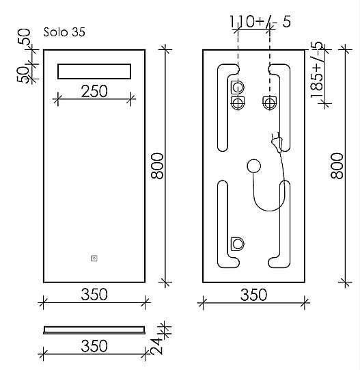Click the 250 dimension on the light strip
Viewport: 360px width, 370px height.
(x=94, y=91)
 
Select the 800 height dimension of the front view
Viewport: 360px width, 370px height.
(x=156, y=166)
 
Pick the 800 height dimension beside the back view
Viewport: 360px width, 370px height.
(x=336, y=166)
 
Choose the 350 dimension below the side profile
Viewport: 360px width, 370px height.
(x=94, y=345)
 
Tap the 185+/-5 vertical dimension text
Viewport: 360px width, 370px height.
(x=317, y=70)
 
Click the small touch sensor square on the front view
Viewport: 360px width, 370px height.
(x=94, y=259)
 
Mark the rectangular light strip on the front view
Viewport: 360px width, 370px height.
(x=94, y=72)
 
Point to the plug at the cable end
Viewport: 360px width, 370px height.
(x=277, y=142)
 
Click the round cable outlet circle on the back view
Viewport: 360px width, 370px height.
(x=254, y=166)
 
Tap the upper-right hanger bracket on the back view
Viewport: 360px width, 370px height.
(x=269, y=103)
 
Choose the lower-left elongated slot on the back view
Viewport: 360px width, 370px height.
(x=223, y=222)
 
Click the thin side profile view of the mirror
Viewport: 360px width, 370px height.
(x=94, y=329)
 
